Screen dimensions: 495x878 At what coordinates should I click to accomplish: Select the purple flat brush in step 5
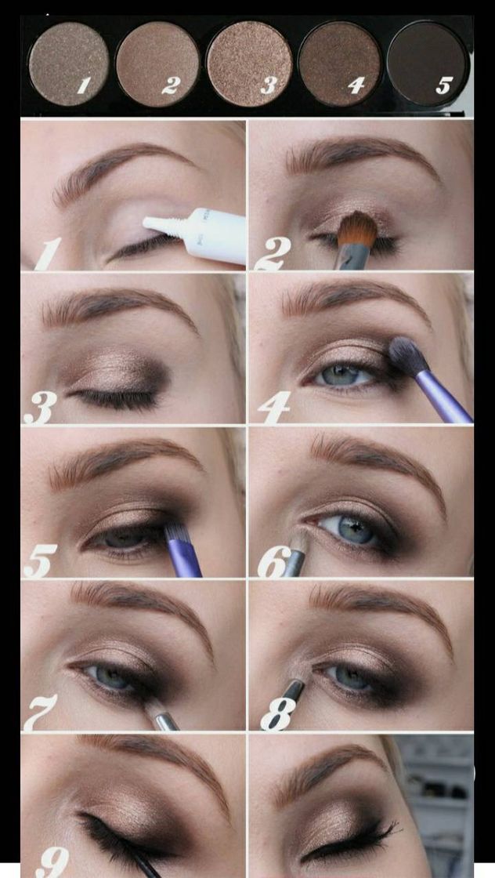182,550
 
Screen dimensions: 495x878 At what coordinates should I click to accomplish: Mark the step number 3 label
40,407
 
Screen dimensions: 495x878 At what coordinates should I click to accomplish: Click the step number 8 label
278,713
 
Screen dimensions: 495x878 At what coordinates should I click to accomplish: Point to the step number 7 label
40,713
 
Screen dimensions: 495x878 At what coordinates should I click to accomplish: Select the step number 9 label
52,862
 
